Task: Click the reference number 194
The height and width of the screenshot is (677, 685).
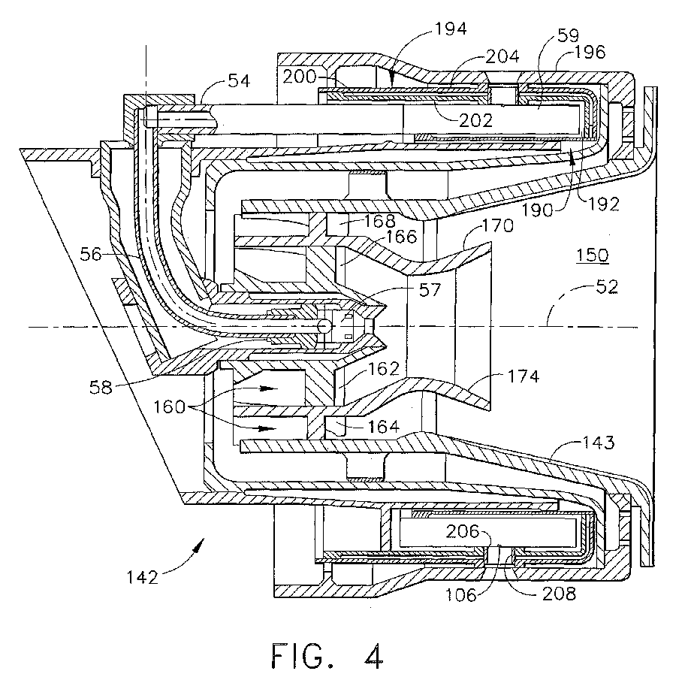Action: click(x=451, y=29)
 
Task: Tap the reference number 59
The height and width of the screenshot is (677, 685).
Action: click(x=569, y=35)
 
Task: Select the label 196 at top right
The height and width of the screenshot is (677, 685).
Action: click(x=590, y=53)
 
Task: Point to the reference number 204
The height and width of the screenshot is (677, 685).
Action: click(x=502, y=56)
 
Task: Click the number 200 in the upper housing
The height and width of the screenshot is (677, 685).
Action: click(x=299, y=77)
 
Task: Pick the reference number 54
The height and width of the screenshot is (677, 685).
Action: click(x=239, y=81)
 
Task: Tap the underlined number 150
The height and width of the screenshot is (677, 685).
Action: click(x=593, y=255)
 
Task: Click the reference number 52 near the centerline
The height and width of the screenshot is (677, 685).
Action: click(x=607, y=287)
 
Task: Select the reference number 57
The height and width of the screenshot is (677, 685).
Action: click(x=430, y=290)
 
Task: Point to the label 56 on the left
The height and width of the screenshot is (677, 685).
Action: click(x=90, y=255)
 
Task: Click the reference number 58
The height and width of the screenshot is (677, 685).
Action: click(x=101, y=387)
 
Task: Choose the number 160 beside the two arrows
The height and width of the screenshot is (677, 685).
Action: click(x=170, y=407)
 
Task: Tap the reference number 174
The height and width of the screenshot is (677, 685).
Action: click(x=524, y=376)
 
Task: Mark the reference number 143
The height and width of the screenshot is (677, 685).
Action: click(x=599, y=443)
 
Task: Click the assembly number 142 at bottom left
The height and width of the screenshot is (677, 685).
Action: click(x=143, y=577)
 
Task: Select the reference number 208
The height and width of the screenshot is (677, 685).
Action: click(x=559, y=594)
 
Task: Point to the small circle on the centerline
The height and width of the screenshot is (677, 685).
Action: click(x=324, y=326)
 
